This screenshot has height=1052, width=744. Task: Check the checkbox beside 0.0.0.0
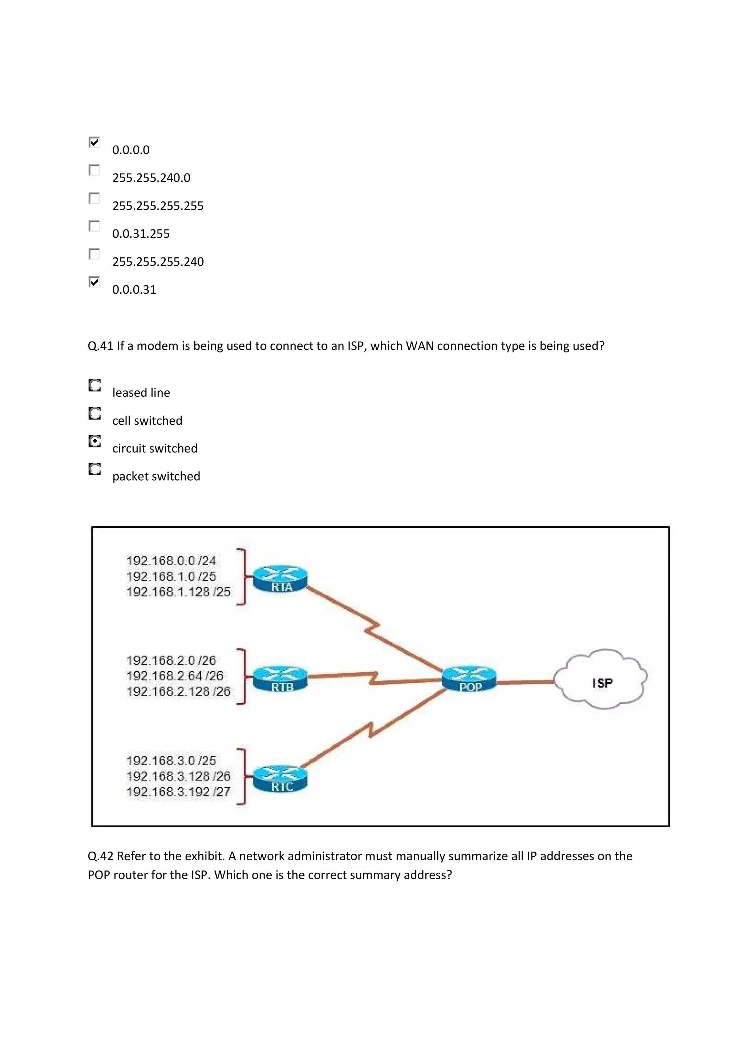(94, 143)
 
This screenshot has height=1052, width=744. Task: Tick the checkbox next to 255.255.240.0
(94, 171)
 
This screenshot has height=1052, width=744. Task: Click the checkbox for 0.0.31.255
(94, 227)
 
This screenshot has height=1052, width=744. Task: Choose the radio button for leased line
(94, 386)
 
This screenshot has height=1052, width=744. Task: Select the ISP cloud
(601, 680)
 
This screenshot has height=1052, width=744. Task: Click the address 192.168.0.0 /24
(171, 561)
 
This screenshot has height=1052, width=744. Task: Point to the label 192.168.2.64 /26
(175, 676)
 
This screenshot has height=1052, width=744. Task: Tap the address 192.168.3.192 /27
(178, 792)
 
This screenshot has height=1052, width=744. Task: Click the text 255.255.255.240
(158, 262)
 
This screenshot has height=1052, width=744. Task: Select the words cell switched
(147, 421)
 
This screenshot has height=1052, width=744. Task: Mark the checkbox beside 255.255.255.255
(94, 199)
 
